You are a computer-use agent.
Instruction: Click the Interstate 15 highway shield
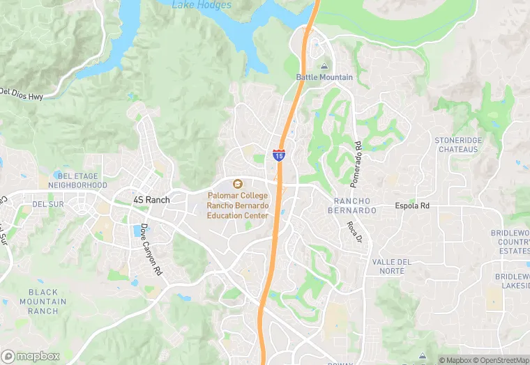coord(279,155)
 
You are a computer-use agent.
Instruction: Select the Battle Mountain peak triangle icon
coord(324,66)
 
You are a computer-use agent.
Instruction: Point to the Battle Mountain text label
coord(324,77)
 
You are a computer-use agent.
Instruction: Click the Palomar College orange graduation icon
coord(237,184)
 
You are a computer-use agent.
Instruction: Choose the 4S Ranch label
coord(151,200)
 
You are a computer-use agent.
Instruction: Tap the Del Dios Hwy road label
coord(22,93)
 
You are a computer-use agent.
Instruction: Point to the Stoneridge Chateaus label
coord(457,145)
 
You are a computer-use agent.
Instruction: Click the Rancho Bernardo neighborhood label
coord(352,205)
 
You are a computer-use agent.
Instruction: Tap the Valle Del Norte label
coord(392,266)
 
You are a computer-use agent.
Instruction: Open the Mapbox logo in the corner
coord(31,355)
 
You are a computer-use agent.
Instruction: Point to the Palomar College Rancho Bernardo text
coord(237,206)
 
